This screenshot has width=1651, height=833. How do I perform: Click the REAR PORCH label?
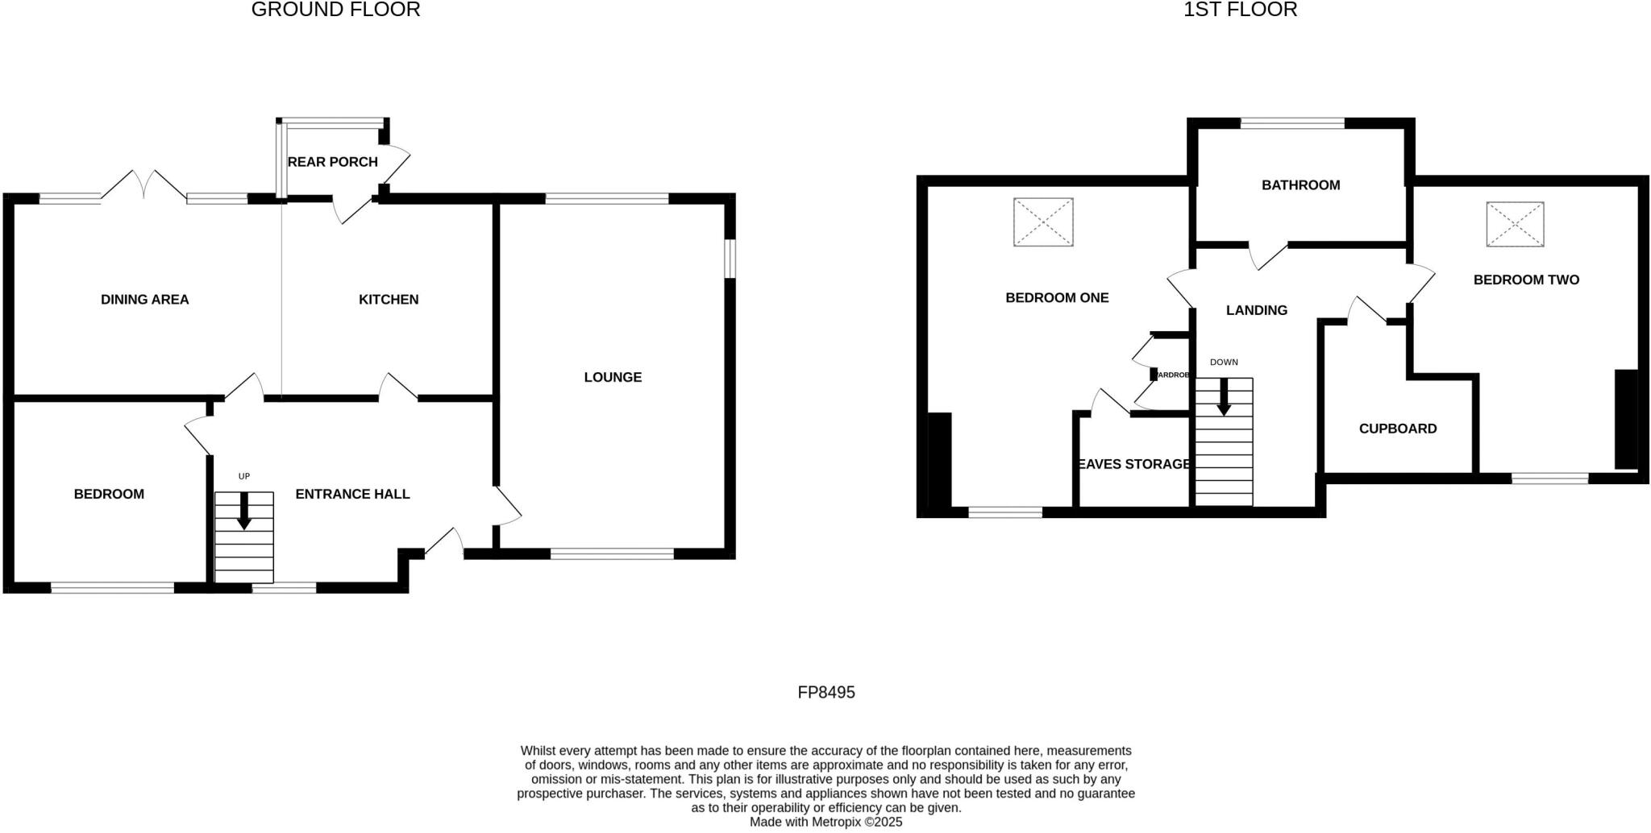(x=332, y=162)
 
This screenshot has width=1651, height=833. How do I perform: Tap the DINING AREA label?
(x=145, y=300)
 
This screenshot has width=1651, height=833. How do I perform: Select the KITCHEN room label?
(x=389, y=300)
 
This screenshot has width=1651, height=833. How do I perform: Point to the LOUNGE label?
(x=613, y=377)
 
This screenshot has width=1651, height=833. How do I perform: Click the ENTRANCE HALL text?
(x=352, y=494)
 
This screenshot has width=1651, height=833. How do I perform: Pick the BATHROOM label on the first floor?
(x=1300, y=185)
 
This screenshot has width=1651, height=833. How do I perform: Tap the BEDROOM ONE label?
(x=1057, y=298)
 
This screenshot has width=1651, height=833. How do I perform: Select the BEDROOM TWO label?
(x=1526, y=280)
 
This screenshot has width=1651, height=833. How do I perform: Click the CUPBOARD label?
(x=1397, y=429)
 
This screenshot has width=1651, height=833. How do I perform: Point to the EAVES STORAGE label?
(x=1133, y=464)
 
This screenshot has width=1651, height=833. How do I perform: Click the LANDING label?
(x=1256, y=310)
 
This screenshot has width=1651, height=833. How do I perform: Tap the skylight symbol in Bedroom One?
(x=1043, y=222)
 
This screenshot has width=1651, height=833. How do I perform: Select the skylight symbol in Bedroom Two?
(x=1515, y=224)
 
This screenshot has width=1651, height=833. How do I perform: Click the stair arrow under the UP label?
(x=243, y=511)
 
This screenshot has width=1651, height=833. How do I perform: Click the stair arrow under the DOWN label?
(x=1224, y=397)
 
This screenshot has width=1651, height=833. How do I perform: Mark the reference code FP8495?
(x=825, y=692)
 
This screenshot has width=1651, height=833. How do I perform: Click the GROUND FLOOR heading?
(x=335, y=10)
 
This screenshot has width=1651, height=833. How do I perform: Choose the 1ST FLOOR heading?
(x=1240, y=10)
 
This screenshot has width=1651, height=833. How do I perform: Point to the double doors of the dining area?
(x=144, y=185)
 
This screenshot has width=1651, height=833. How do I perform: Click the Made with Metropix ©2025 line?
(x=825, y=823)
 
